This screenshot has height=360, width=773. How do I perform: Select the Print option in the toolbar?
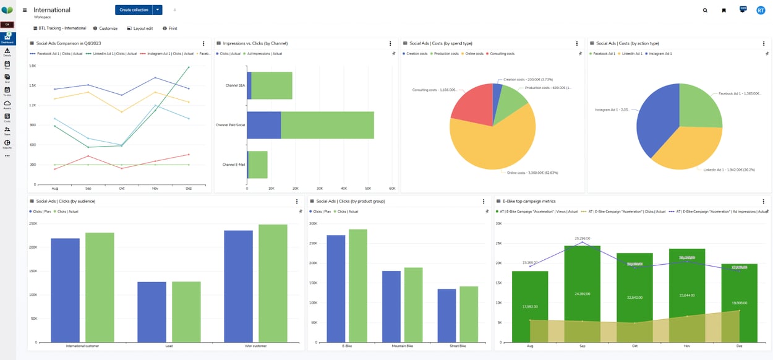[x=169, y=28]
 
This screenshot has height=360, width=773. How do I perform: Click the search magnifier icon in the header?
[x=705, y=11]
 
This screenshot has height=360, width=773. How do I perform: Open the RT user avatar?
[x=761, y=11]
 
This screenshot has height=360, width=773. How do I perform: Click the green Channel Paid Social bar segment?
[x=327, y=125]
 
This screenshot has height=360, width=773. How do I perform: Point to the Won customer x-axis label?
[x=255, y=346]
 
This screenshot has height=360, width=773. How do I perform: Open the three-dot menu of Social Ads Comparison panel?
[x=203, y=43]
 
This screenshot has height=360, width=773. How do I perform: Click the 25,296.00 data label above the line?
[x=582, y=238]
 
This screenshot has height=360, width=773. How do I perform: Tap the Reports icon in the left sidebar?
[x=7, y=144]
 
